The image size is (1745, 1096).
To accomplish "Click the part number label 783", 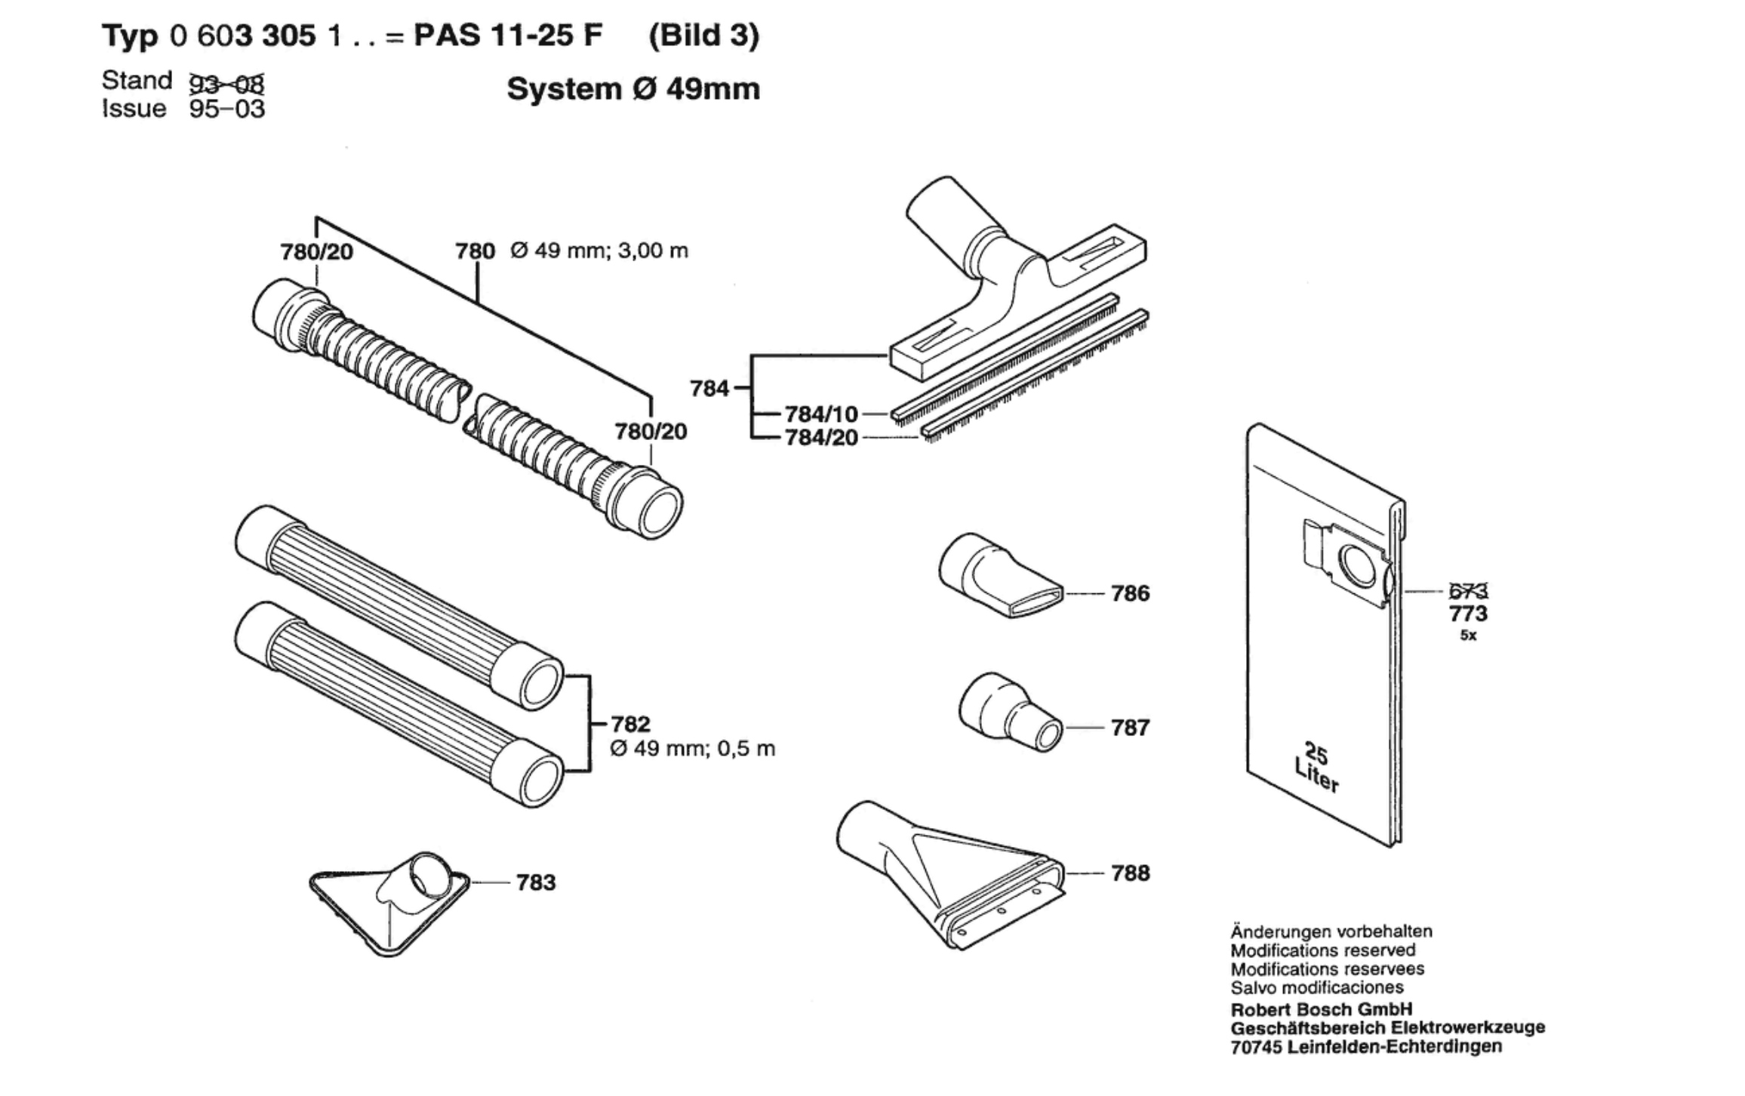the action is pos(536,882).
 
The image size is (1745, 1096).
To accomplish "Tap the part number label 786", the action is pos(1131,593).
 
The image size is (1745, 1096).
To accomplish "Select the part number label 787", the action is pos(1131,728).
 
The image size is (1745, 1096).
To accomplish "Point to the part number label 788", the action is pos(1131,873).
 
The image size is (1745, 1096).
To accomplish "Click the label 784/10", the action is pos(821,414).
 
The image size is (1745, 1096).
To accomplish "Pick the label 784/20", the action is pos(821,438).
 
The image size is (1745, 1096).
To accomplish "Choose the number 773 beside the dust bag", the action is pos(1468,613).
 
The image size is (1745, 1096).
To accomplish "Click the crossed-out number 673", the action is pos(1468,592).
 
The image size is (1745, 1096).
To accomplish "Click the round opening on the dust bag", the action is pos(1358,566).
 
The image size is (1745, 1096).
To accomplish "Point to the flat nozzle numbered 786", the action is pos(1001,576).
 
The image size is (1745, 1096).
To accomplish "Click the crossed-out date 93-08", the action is pos(226,81).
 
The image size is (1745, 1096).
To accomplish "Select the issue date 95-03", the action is pos(227,109).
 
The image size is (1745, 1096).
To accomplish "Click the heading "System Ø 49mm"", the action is pos(633,89).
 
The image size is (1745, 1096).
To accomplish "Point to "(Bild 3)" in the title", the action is pos(704,35).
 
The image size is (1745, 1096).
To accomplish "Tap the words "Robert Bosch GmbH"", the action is pos(1322,1009).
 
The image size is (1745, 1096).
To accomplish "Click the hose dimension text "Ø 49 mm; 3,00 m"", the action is pos(599,251).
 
